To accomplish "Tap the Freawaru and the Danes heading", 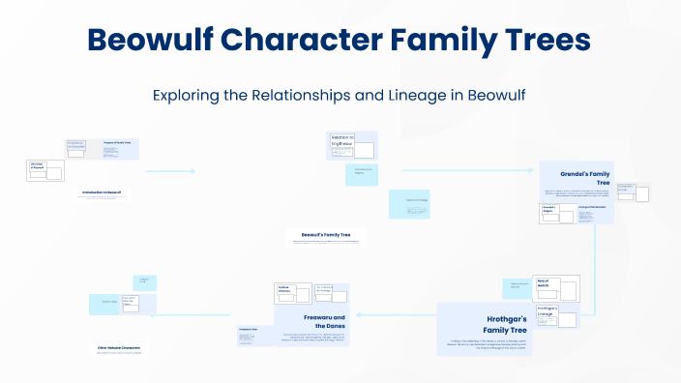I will coord(311,322).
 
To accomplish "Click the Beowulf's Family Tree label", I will coord(325,234).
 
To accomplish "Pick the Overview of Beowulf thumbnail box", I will coord(44,170).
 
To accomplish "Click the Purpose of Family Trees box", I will coord(119,148).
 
